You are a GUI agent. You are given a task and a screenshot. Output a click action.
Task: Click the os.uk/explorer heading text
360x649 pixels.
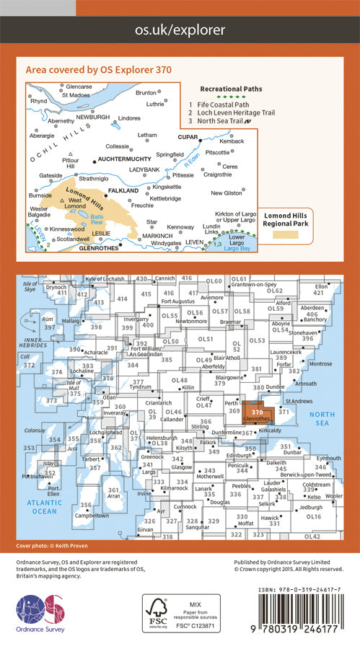(x=180, y=30)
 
